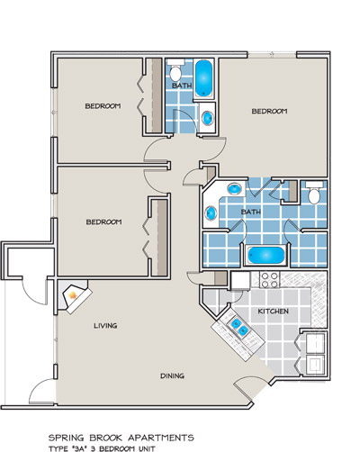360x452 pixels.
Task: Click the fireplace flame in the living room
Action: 73,295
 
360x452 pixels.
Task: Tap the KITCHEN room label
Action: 274,312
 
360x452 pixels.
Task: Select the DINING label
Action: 172,375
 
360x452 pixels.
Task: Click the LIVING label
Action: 105,326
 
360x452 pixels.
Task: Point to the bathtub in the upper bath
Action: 203,78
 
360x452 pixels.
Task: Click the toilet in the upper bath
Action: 175,70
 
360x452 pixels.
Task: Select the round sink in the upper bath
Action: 208,118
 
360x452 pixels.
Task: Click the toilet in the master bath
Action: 314,193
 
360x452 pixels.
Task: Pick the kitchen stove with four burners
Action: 269,280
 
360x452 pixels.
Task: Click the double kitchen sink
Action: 238,327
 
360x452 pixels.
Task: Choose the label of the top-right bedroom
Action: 269,111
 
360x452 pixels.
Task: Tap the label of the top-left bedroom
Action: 103,106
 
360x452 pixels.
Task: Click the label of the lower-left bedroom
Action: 103,222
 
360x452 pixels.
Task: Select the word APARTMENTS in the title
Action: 161,438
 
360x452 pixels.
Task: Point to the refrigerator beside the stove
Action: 240,281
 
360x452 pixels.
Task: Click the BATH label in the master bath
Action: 251,212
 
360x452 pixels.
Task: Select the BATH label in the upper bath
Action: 182,86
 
